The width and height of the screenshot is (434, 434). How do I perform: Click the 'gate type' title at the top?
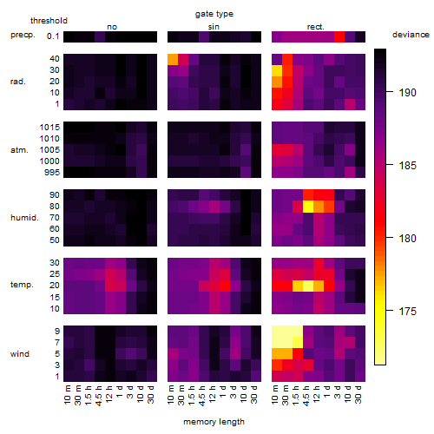pos(214,14)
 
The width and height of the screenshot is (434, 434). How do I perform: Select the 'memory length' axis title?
pos(214,422)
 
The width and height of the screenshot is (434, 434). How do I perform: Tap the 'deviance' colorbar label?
pos(411,35)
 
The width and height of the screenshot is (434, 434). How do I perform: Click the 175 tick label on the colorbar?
pos(407,312)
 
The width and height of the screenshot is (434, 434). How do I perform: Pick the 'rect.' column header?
pos(315,27)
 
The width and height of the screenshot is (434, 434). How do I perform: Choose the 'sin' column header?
pos(214,27)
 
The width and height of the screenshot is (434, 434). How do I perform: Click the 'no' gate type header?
pos(112,27)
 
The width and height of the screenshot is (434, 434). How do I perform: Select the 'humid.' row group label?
pos(24,218)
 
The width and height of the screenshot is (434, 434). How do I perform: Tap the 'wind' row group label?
pos(20,354)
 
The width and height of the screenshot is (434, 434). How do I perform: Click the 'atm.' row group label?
pos(19,150)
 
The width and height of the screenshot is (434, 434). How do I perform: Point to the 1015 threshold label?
pos(49,128)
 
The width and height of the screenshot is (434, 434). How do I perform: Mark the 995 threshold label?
pos(52,173)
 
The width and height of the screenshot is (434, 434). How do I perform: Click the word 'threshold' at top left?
pos(49,21)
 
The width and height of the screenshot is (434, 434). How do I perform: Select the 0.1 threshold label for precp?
pos(53,36)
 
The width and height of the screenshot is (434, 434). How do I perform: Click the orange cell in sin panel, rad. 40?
pos(173,59)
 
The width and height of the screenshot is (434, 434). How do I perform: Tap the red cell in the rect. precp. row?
pos(339,36)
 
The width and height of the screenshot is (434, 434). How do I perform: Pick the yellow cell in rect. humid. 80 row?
pos(308,207)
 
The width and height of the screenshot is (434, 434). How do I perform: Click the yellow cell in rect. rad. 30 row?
pos(277,70)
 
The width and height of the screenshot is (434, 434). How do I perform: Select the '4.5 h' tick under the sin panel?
pos(202,395)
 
